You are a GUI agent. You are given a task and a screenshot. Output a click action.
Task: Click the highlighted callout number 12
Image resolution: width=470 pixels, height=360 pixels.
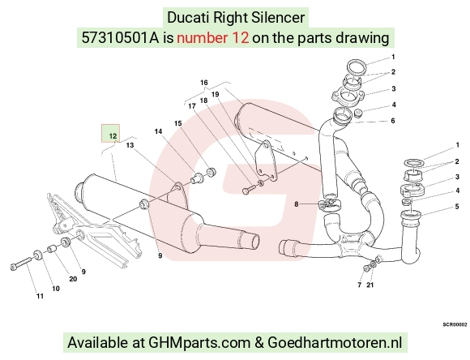tap(113, 136)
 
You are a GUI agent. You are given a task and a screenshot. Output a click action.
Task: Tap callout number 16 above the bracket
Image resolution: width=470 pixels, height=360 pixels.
tap(204, 83)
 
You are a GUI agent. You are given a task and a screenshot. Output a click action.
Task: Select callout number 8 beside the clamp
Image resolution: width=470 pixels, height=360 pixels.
tap(296, 204)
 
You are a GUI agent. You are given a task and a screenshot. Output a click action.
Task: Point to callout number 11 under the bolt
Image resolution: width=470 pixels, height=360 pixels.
tap(41, 296)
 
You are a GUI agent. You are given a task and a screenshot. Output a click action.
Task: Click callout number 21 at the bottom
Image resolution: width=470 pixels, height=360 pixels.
tap(370, 285)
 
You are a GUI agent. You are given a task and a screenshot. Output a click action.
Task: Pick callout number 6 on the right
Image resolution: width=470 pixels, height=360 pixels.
tap(393, 121)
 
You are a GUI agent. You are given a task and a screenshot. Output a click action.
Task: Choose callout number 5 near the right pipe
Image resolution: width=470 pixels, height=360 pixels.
tap(457, 207)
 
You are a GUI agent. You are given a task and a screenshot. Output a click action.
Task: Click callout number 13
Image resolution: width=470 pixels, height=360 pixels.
tap(130, 145)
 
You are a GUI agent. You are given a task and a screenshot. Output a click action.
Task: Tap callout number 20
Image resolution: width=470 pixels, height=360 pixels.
tap(73, 279)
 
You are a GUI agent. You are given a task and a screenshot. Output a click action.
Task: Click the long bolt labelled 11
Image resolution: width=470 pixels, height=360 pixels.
tap(21, 264)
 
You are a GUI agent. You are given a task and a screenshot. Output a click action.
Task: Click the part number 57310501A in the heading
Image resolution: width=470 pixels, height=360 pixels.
tap(120, 38)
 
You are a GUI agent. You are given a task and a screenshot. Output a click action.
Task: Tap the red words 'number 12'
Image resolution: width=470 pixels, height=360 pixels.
tap(213, 38)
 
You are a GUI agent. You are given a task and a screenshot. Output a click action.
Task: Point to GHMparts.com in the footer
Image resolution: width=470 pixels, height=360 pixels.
tap(199, 342)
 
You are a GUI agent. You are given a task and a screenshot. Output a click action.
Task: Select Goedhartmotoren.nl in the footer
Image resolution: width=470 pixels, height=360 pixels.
tap(335, 342)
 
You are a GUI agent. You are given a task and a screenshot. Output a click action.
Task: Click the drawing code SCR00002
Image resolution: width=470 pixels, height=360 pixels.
tap(455, 324)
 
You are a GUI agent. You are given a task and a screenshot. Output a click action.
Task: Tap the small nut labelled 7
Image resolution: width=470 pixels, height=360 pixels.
tap(365, 268)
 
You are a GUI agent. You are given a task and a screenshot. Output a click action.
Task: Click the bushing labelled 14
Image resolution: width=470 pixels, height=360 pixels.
tap(197, 178)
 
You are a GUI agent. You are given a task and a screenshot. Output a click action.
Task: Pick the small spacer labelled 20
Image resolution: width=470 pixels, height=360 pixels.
tap(53, 249)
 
